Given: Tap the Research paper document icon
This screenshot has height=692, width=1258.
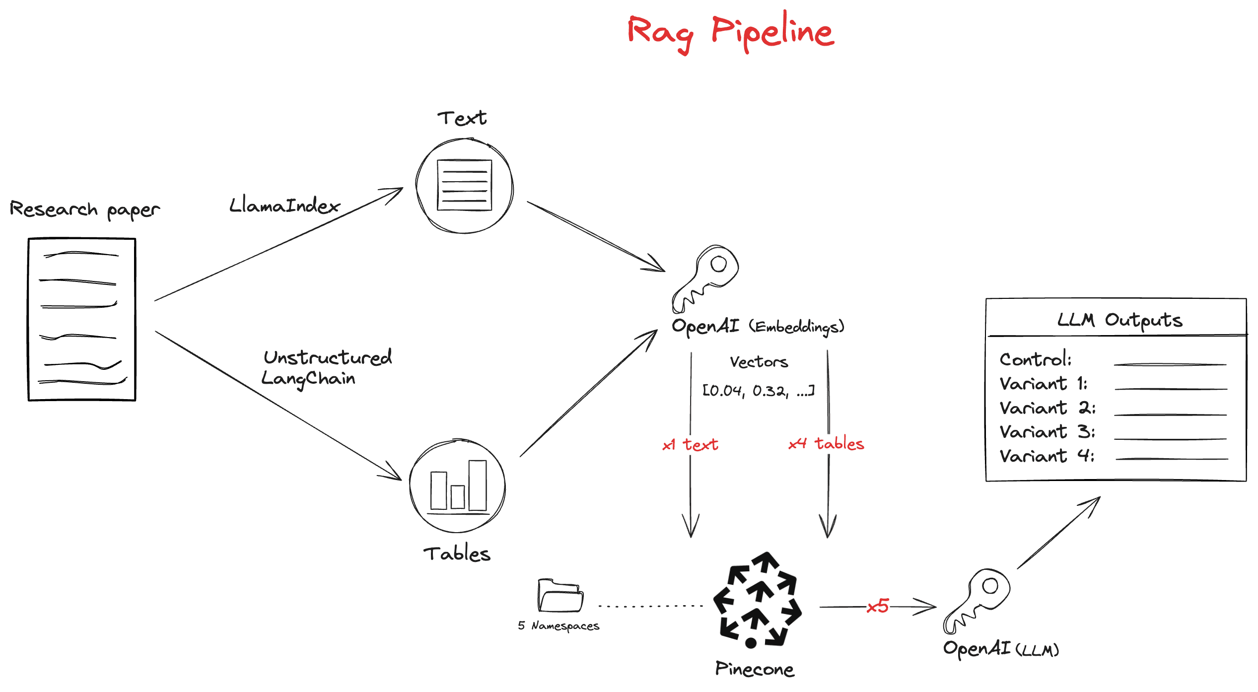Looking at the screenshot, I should click(82, 319).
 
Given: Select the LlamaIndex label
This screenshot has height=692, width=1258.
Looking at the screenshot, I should click(284, 206).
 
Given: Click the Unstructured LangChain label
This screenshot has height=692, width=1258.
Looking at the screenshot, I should click(327, 368).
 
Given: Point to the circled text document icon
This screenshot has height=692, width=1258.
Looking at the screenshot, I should click(464, 186).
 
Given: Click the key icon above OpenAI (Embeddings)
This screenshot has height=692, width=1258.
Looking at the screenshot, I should click(705, 278).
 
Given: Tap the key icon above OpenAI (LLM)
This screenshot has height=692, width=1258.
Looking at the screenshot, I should click(977, 601).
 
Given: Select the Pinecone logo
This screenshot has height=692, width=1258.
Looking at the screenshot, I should click(757, 601).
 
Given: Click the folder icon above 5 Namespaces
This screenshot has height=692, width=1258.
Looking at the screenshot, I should click(560, 595).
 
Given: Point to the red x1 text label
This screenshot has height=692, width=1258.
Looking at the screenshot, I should click(690, 444).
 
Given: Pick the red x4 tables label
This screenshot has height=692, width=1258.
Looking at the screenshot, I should click(827, 443).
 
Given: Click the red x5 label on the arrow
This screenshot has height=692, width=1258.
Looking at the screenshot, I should click(878, 606).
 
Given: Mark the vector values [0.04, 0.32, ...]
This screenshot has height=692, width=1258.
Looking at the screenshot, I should click(758, 391).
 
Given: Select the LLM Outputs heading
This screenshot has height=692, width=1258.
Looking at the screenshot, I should click(1119, 320).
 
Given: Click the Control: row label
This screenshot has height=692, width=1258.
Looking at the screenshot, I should click(1036, 359).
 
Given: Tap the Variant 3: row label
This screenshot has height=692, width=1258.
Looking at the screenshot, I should click(1047, 432).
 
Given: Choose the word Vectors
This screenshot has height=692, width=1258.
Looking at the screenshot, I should click(759, 362).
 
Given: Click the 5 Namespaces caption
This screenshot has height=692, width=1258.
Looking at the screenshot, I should click(559, 626).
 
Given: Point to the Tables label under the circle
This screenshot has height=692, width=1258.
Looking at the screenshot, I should click(457, 554).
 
